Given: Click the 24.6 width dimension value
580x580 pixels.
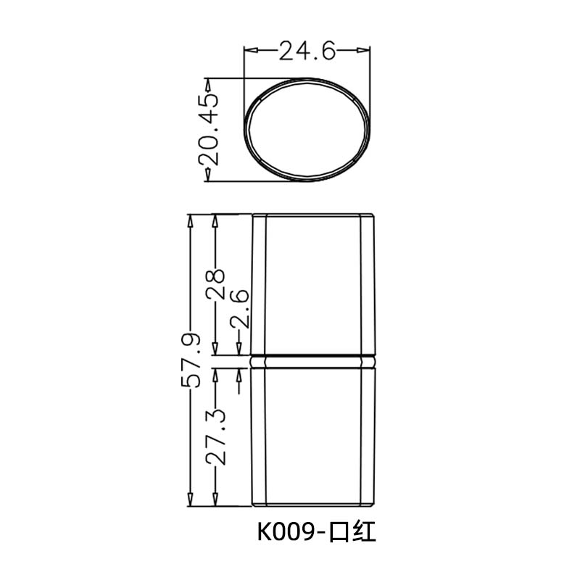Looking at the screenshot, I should click(307, 51).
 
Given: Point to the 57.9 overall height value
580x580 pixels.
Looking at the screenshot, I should click(191, 360).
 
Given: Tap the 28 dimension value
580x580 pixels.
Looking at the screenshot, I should click(215, 284).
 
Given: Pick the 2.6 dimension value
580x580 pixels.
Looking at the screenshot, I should click(240, 308).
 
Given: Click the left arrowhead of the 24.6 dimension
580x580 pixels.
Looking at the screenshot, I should click(249, 50).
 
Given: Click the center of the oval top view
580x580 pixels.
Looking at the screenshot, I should click(307, 130).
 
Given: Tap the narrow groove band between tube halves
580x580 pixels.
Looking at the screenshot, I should click(313, 360).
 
